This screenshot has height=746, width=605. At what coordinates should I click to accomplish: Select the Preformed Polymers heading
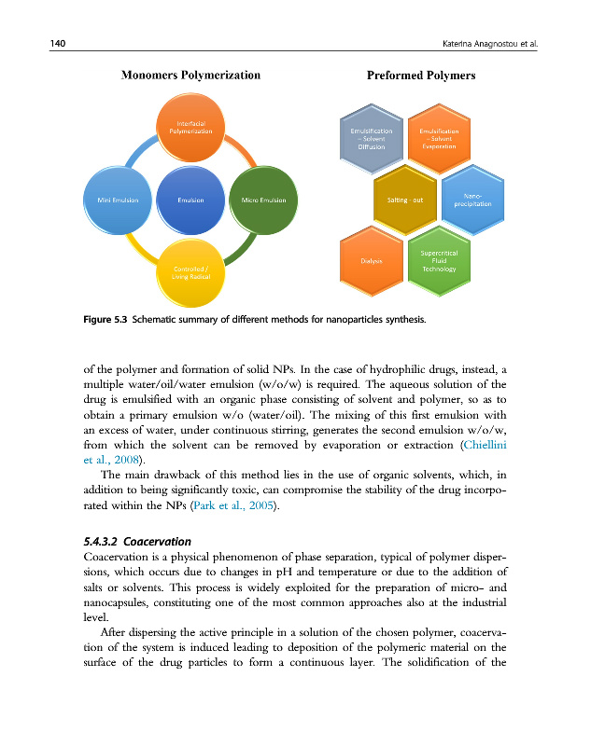click(422, 76)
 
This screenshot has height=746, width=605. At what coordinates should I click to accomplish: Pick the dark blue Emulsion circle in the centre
click(190, 200)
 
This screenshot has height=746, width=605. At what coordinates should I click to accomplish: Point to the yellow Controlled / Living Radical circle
click(190, 270)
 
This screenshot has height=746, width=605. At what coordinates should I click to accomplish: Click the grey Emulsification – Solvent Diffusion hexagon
click(371, 141)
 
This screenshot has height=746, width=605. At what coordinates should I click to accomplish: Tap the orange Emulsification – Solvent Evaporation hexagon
click(438, 141)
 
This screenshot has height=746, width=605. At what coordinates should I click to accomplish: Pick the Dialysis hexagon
click(372, 260)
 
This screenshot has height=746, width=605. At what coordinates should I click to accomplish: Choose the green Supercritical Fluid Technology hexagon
click(438, 260)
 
